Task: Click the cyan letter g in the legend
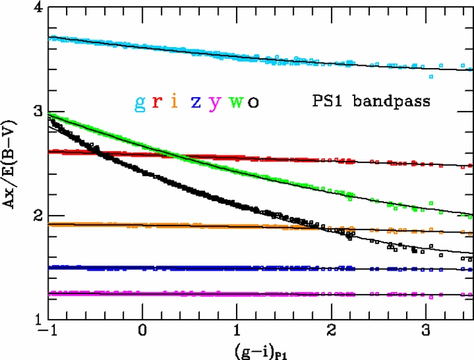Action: coord(140,102)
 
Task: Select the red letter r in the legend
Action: coord(158,102)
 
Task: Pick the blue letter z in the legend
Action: coord(196,102)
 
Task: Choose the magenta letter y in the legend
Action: coord(216,103)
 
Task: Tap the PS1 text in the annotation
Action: coord(328,101)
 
